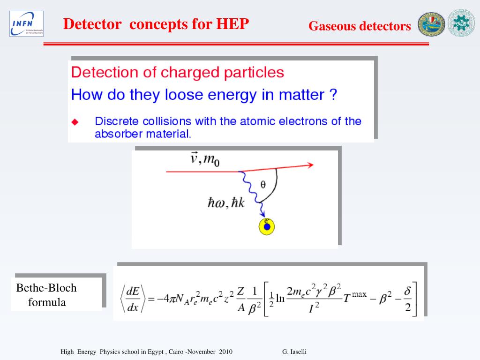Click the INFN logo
pos(26,23)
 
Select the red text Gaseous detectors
pos(360,26)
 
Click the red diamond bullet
pos(75,122)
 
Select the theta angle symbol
pos(263,184)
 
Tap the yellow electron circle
pos(267,227)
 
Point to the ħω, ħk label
pos(226,204)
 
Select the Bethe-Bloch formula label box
pos(57,295)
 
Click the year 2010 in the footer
pos(225,352)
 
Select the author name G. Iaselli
pos(294,352)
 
